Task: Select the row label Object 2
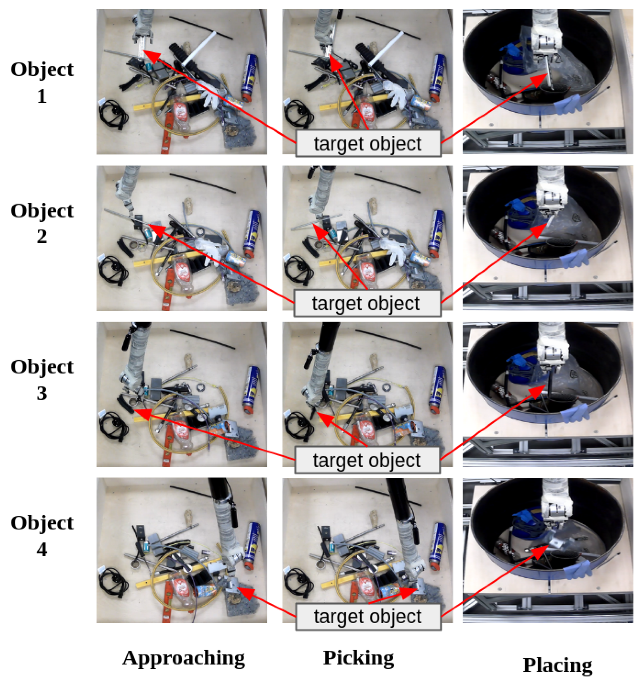[42, 224]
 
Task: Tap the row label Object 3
[42, 379]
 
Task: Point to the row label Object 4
[42, 535]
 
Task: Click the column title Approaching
[184, 658]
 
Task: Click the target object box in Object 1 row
[368, 144]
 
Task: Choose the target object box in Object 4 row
[368, 616]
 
